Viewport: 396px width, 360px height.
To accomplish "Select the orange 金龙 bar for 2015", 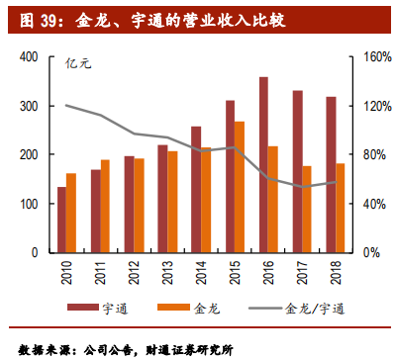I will pos(240,187).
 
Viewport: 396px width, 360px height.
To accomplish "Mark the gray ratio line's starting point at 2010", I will pos(66,105).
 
